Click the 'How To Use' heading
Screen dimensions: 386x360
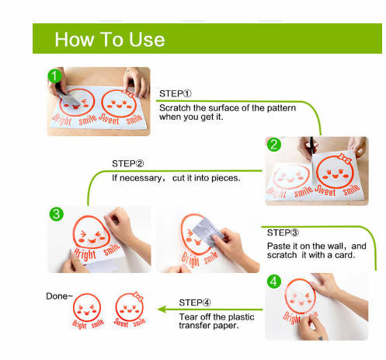(x=110, y=40)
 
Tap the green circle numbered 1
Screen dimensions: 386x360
(x=54, y=76)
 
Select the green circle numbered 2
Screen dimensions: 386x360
(x=274, y=145)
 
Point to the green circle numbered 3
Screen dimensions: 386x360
(x=57, y=214)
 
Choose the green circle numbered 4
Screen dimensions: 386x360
(x=274, y=281)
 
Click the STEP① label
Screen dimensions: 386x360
(x=176, y=93)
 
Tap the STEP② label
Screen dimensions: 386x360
(x=128, y=163)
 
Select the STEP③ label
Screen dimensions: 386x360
(x=283, y=232)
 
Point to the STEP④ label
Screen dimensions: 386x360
(x=195, y=302)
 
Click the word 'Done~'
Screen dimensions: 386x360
(x=59, y=296)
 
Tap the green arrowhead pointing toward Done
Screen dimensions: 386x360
(x=162, y=309)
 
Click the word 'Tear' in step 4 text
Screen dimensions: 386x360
(x=187, y=316)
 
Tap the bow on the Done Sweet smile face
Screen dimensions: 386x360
(x=137, y=296)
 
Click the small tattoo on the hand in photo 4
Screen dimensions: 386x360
(x=321, y=338)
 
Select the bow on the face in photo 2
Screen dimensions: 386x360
(x=345, y=159)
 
